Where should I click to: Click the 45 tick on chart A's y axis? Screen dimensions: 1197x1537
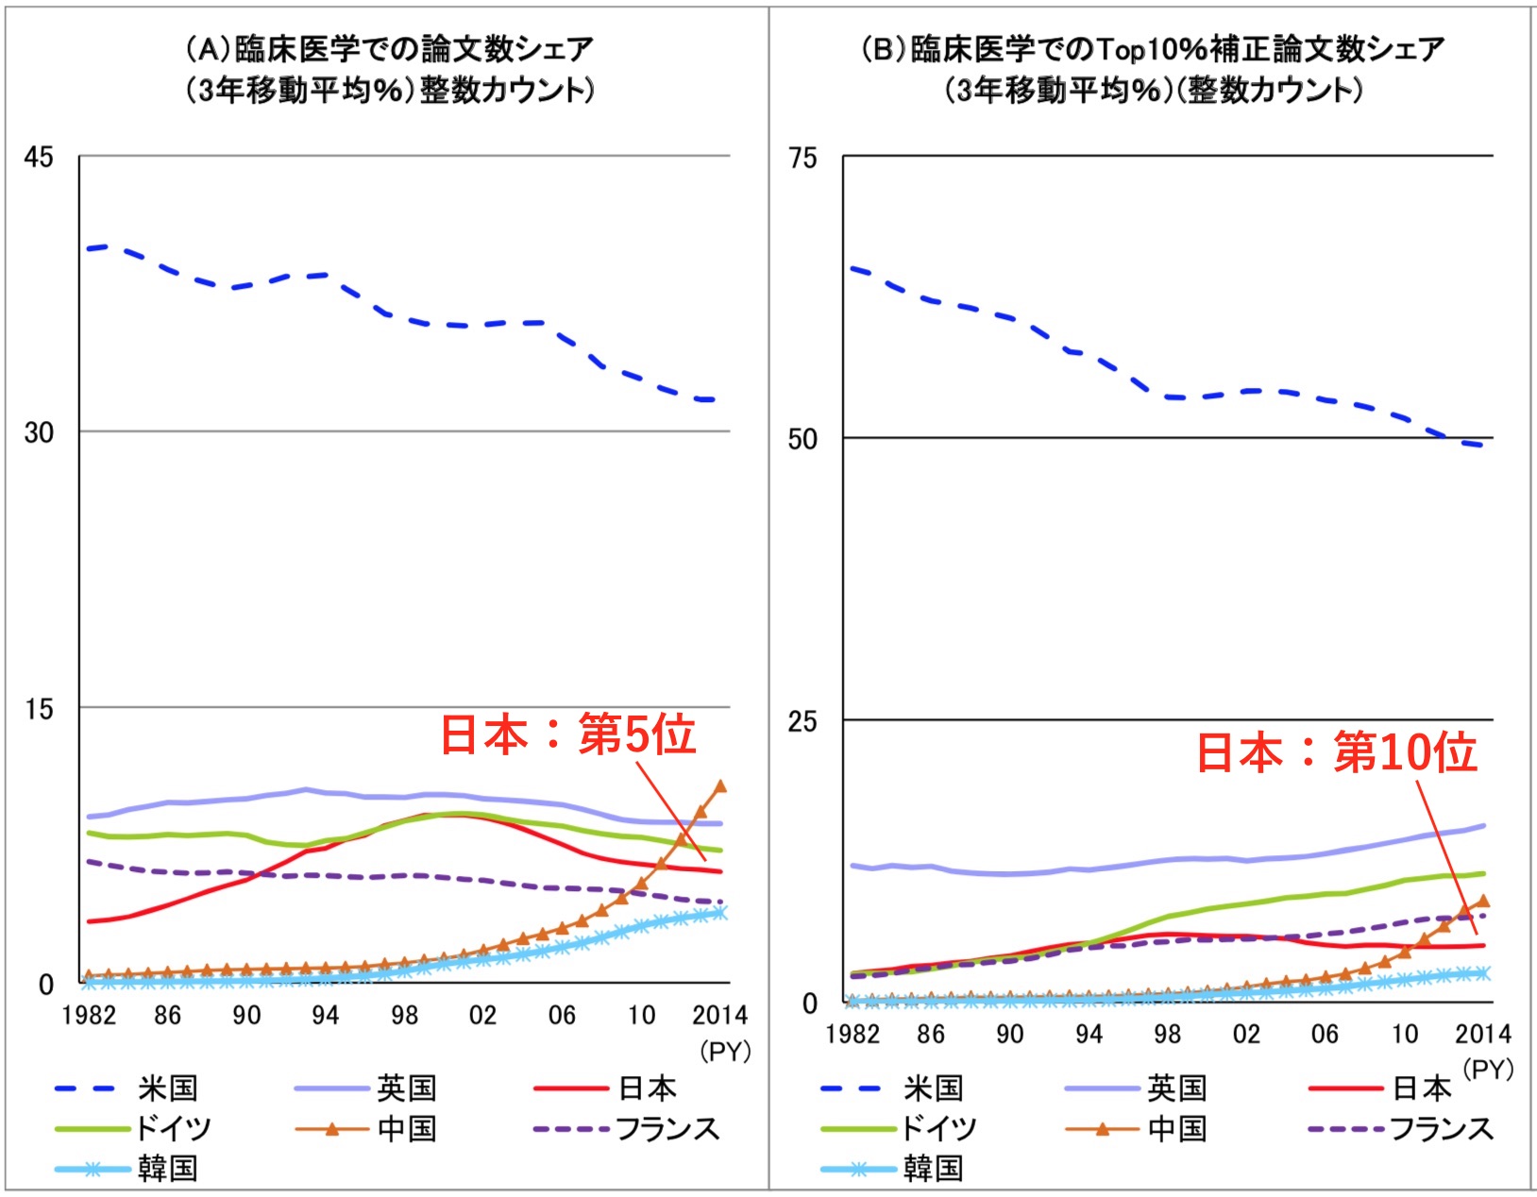click(39, 157)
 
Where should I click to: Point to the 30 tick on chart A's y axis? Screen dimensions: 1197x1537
click(39, 432)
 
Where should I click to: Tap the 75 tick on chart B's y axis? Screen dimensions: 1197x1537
click(802, 158)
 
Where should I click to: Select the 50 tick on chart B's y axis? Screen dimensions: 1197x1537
click(802, 439)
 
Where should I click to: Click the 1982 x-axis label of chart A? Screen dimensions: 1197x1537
click(88, 1015)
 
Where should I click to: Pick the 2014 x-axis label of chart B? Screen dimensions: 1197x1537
click(1483, 1034)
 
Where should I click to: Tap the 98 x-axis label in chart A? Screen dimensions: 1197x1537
click(404, 1015)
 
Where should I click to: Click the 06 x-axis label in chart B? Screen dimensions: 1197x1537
click(1325, 1034)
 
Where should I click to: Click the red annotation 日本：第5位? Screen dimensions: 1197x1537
click(568, 734)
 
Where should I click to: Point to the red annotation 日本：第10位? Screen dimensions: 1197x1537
click(1336, 752)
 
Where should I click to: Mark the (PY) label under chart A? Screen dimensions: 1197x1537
click(724, 1051)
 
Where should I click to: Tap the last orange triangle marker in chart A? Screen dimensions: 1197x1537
click(721, 785)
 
